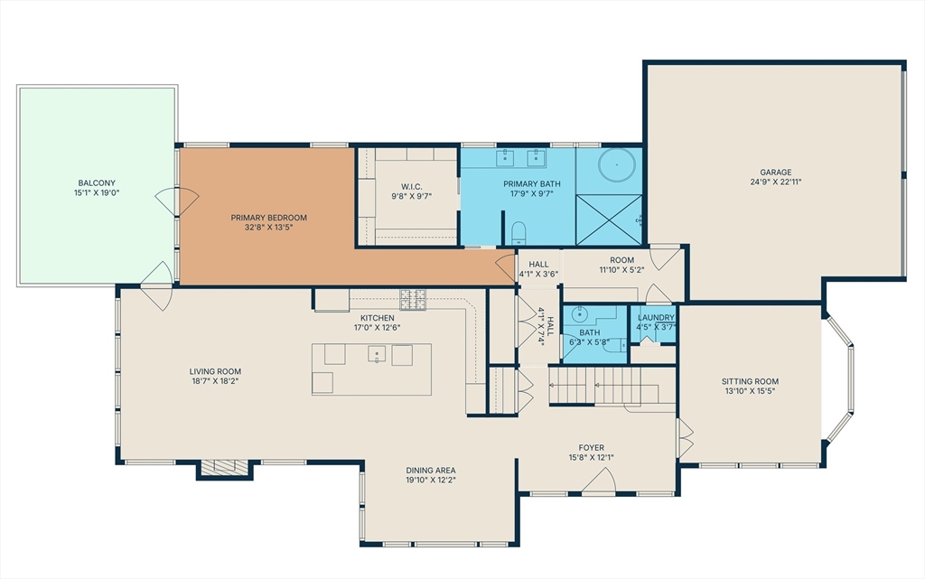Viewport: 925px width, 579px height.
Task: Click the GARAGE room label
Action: tap(775, 173)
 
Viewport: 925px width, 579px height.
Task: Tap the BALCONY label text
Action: tap(97, 183)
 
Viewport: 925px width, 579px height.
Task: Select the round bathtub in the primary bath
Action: tap(617, 164)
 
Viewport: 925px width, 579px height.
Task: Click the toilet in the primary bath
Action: tap(518, 233)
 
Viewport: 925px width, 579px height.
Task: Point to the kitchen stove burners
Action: tap(413, 299)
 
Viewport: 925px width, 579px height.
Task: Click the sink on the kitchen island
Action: tap(377, 354)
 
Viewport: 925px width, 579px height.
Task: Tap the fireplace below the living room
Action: tap(224, 468)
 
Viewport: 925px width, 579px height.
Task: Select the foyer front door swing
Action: tap(600, 480)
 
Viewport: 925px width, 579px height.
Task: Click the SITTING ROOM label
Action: tap(750, 381)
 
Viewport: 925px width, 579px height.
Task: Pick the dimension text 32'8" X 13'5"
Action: tap(269, 227)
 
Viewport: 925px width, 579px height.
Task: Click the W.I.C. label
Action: tap(411, 187)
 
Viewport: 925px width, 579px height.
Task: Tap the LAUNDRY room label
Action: tap(656, 317)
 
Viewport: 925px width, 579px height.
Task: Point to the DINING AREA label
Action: tap(431, 471)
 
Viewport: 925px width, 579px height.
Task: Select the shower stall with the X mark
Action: tap(609, 219)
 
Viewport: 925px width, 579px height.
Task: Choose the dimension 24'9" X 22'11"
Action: tap(775, 182)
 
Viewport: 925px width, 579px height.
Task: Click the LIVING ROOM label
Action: tap(215, 371)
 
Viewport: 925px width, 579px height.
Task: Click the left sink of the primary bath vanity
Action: tap(506, 157)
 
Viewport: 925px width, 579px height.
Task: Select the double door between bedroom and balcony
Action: tap(177, 201)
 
